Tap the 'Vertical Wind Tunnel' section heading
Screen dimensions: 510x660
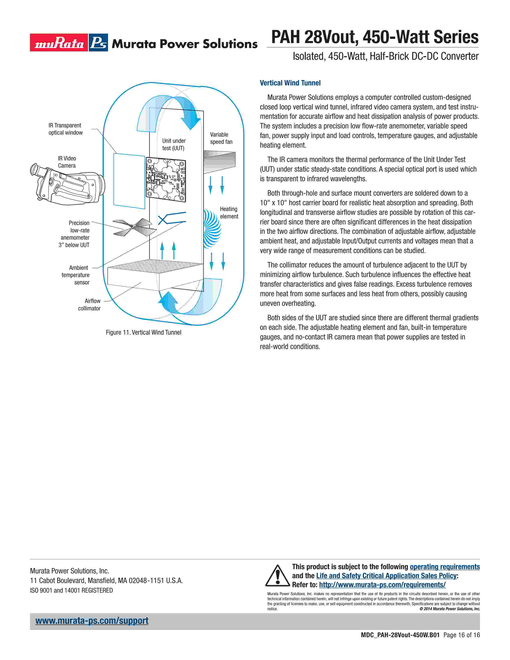(290, 83)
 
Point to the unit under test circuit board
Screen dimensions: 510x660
(166, 180)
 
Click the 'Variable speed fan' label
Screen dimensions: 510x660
(221, 138)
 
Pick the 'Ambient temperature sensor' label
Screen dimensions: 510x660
(76, 275)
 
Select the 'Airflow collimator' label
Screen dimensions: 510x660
(89, 305)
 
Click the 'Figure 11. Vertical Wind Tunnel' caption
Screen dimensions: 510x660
(144, 332)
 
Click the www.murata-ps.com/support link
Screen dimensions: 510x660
(92, 621)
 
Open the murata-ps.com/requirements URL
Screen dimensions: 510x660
(382, 585)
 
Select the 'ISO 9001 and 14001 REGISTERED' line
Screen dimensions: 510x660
(71, 590)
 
